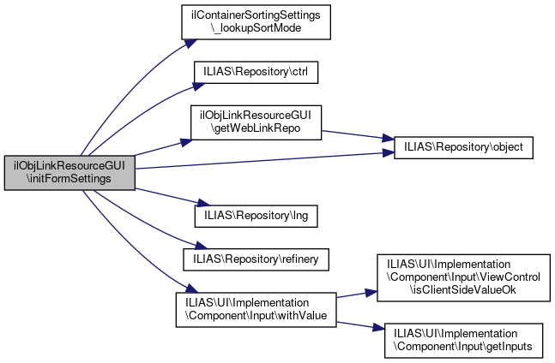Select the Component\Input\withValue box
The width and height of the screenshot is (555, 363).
(x=255, y=309)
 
